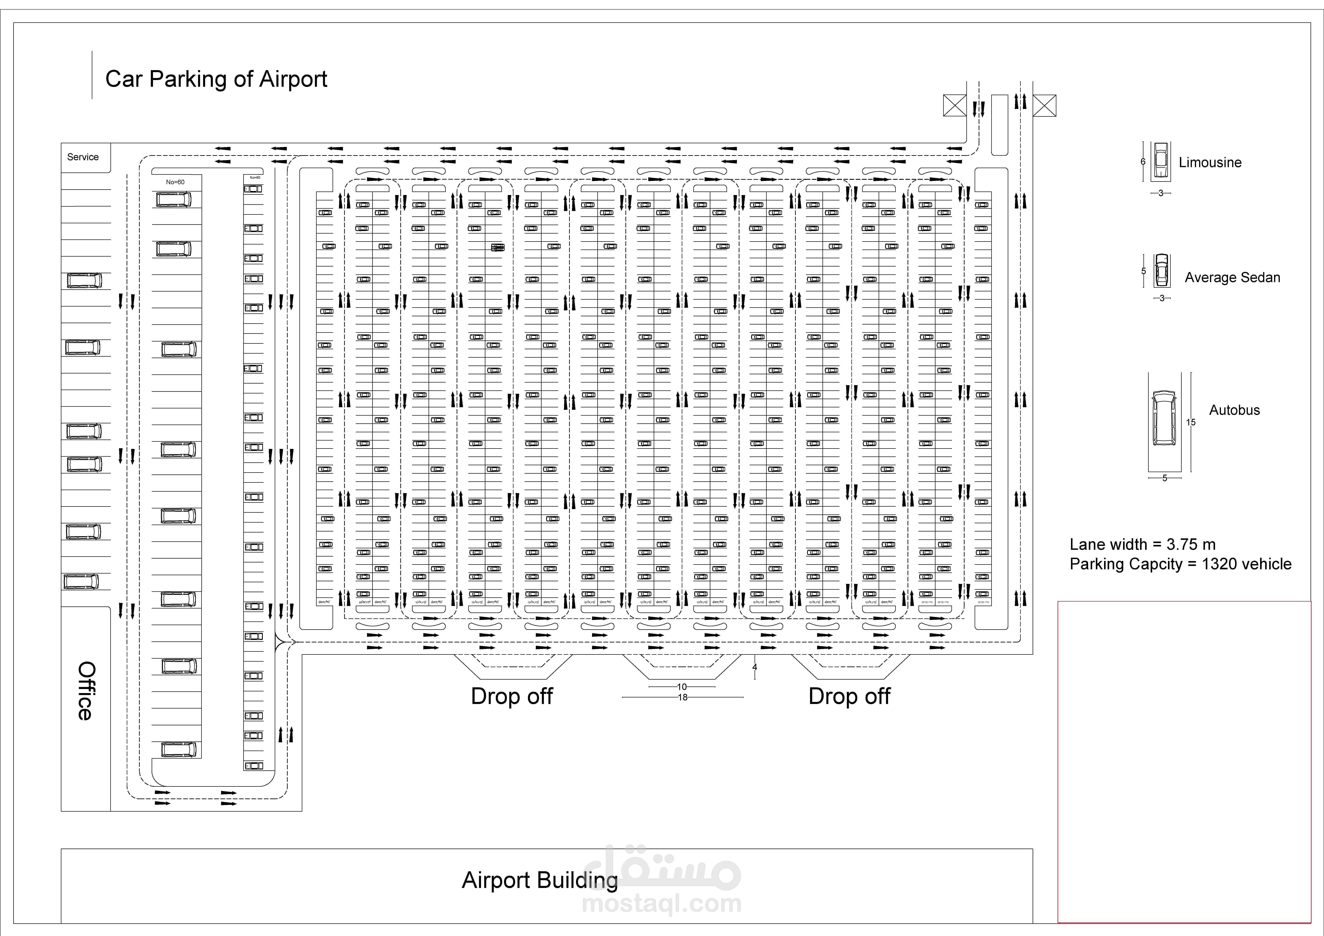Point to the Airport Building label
coord(539,880)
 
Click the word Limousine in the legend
coord(1210,163)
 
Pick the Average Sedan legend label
coord(1232,277)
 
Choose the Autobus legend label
coord(1234,410)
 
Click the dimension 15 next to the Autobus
coord(1191,422)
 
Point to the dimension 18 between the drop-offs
coord(683,698)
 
